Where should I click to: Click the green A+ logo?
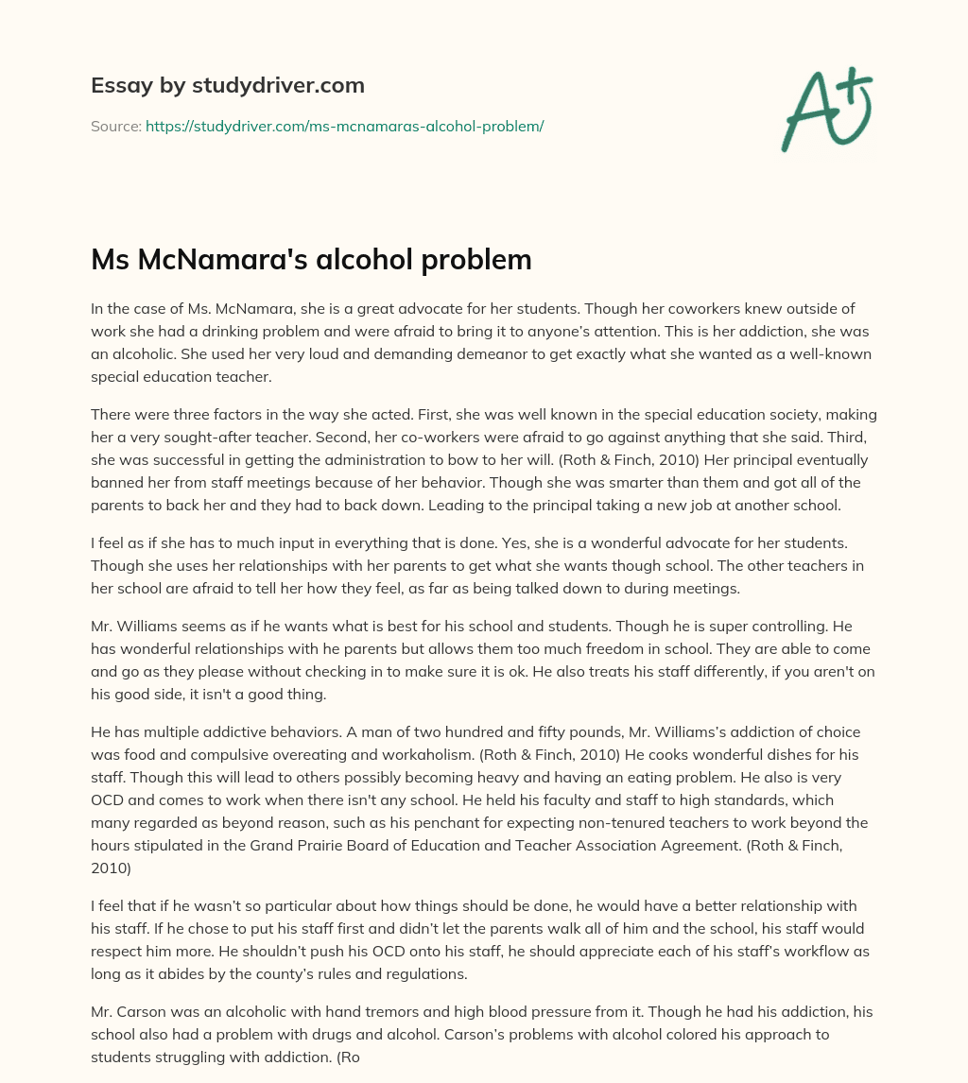coord(826,109)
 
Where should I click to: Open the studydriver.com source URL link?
coord(344,126)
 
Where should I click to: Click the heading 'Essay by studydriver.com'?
coord(227,85)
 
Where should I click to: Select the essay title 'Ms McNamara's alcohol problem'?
coord(311,260)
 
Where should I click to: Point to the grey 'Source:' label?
coord(115,126)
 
